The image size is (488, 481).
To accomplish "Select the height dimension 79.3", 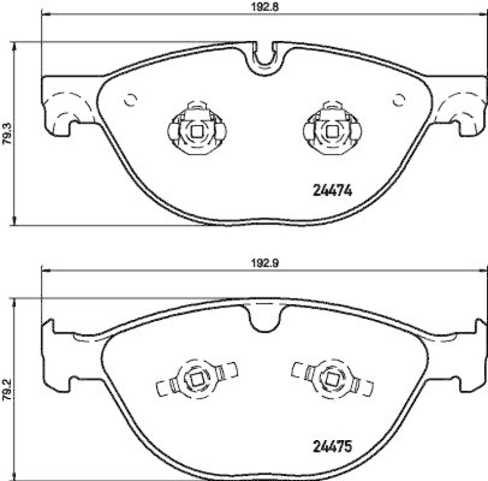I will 7,134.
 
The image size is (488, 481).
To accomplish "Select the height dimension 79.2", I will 7,389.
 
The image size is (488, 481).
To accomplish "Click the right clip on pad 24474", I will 332,129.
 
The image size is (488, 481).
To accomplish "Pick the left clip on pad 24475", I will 196,379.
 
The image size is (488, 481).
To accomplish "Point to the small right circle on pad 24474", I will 399,100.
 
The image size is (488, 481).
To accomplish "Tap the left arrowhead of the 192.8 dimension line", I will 44,17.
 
